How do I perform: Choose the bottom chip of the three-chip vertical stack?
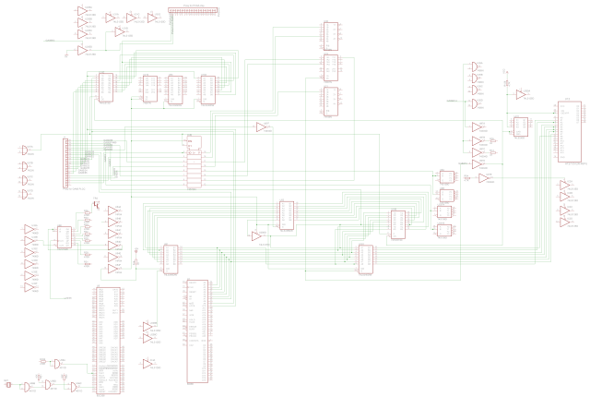pos(330,102)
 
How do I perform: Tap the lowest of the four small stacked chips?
pos(446,230)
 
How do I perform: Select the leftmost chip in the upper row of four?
pos(105,86)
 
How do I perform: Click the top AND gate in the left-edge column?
pos(25,149)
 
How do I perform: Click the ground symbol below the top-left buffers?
pos(66,55)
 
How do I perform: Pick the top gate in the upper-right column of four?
pos(475,67)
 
